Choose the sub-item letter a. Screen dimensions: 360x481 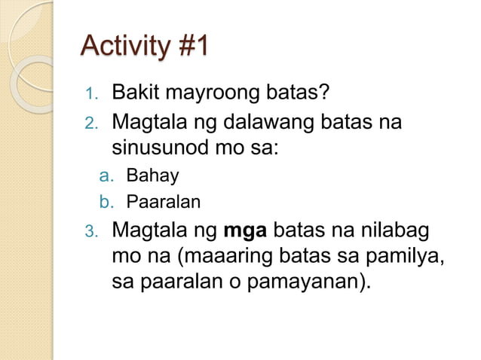106,176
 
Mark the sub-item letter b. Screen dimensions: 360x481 106,201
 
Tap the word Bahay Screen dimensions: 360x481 152,176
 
